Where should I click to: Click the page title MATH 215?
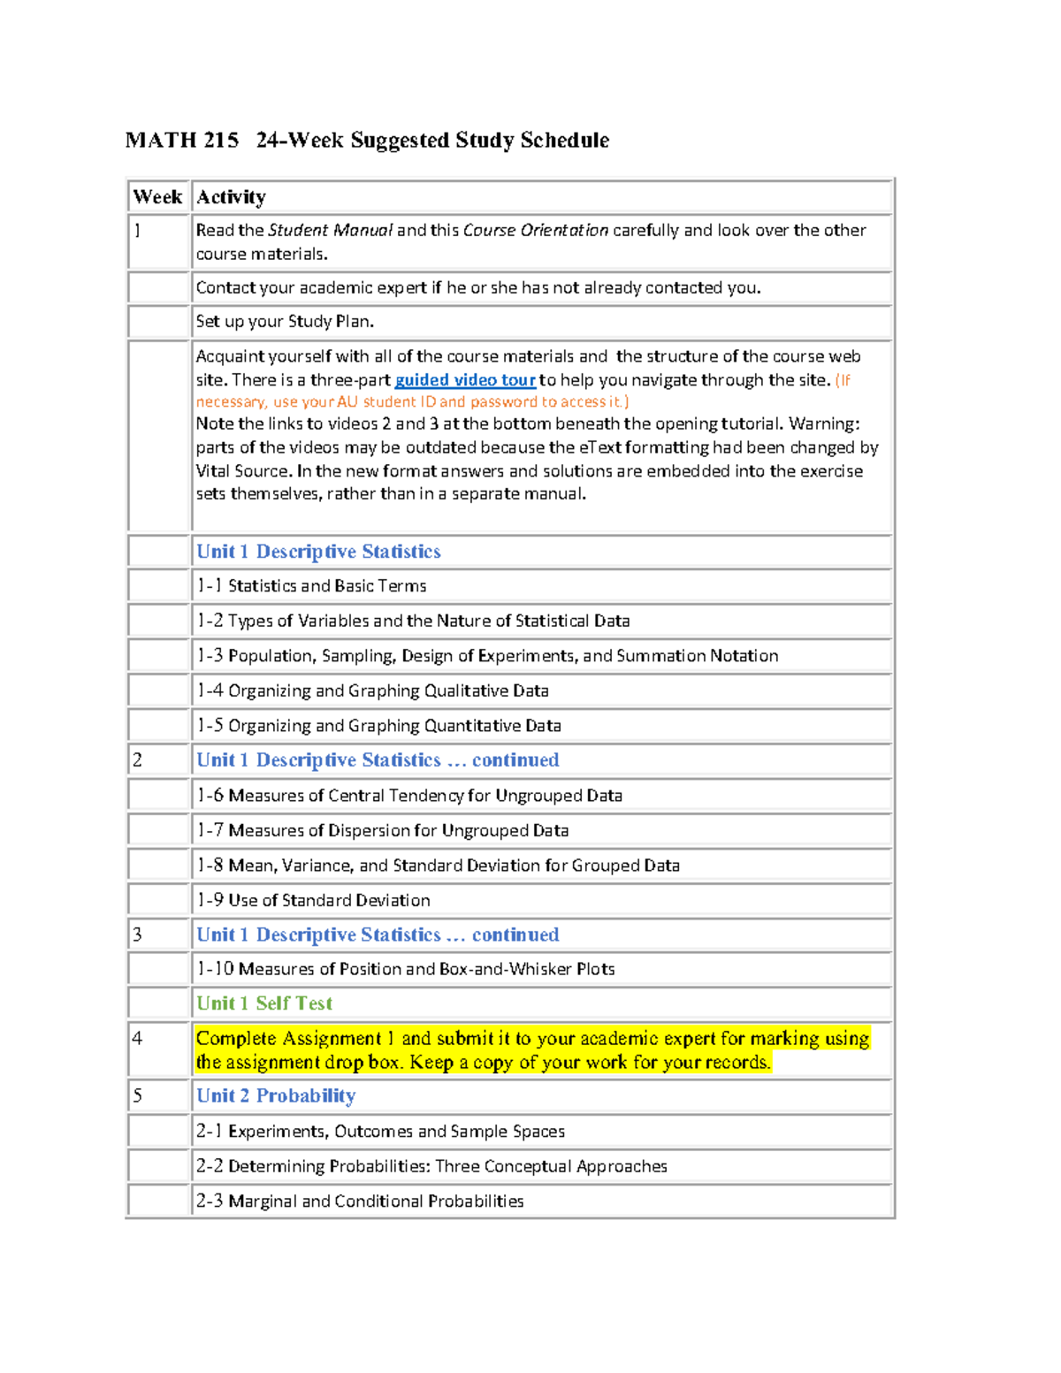tap(182, 141)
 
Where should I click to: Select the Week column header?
tap(157, 197)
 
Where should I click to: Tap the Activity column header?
tap(231, 197)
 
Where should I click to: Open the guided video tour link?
tap(465, 380)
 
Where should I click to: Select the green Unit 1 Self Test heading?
tap(264, 1003)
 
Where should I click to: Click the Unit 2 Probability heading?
tap(276, 1096)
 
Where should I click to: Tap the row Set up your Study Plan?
tap(285, 322)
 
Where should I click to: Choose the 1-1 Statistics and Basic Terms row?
tap(311, 586)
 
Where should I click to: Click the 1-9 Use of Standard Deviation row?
tap(313, 900)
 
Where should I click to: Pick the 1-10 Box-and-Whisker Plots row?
tap(405, 969)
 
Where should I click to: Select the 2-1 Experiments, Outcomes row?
tap(380, 1132)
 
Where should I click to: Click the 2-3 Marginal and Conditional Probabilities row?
tap(360, 1201)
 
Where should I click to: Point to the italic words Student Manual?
tap(330, 231)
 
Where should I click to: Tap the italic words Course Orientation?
tap(535, 231)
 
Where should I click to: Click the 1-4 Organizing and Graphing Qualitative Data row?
tap(372, 690)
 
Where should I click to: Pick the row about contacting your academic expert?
tap(477, 288)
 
